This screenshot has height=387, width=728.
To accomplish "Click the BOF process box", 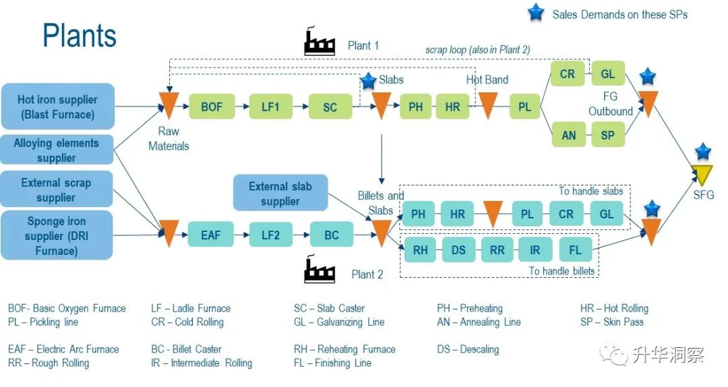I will (x=211, y=107).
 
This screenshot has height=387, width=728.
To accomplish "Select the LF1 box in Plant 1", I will (x=270, y=107).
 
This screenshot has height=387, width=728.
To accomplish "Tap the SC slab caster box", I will (x=330, y=107).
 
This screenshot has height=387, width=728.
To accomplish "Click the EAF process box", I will (x=210, y=235).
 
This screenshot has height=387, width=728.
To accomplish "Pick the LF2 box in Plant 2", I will (x=270, y=235).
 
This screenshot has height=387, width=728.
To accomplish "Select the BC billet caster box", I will (x=331, y=235).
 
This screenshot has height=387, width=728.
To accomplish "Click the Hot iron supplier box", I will (x=57, y=107).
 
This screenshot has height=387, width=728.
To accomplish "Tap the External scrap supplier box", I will (x=57, y=189).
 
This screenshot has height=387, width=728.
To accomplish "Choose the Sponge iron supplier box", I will (x=57, y=235).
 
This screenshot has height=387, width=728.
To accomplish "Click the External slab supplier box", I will (x=280, y=193).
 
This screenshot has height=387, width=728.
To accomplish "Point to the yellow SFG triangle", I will (x=704, y=175).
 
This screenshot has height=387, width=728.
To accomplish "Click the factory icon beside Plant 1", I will (x=320, y=42).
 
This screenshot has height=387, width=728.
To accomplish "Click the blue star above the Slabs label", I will (x=368, y=81).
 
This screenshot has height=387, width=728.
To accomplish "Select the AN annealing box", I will (x=569, y=134).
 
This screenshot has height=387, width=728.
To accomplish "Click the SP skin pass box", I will (x=607, y=134).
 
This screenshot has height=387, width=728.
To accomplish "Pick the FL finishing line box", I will (x=575, y=249).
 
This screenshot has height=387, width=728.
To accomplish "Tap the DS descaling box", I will (x=458, y=249).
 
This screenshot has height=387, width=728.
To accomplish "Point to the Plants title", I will (x=80, y=35).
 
